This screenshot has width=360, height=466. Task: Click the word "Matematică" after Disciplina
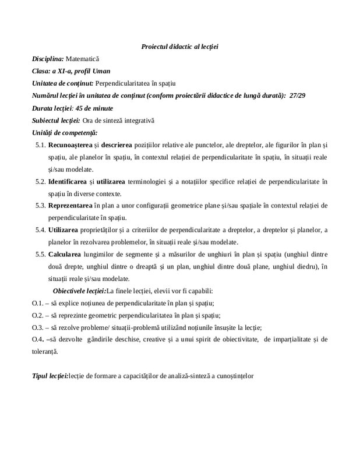pyautogui.click(x=83, y=59)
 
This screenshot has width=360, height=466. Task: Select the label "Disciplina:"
pyautogui.click(x=48, y=59)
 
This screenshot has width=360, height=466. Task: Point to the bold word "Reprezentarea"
pyautogui.click(x=72, y=206)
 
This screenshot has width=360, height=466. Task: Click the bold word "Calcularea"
pyautogui.click(x=65, y=255)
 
